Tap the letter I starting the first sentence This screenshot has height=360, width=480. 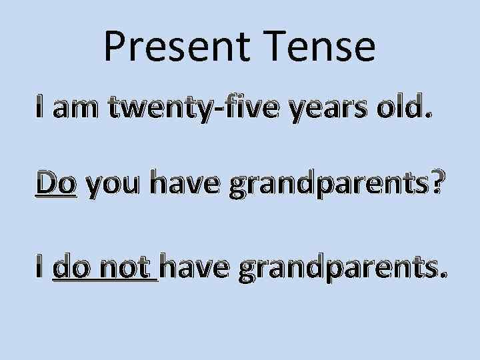coord(41,107)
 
